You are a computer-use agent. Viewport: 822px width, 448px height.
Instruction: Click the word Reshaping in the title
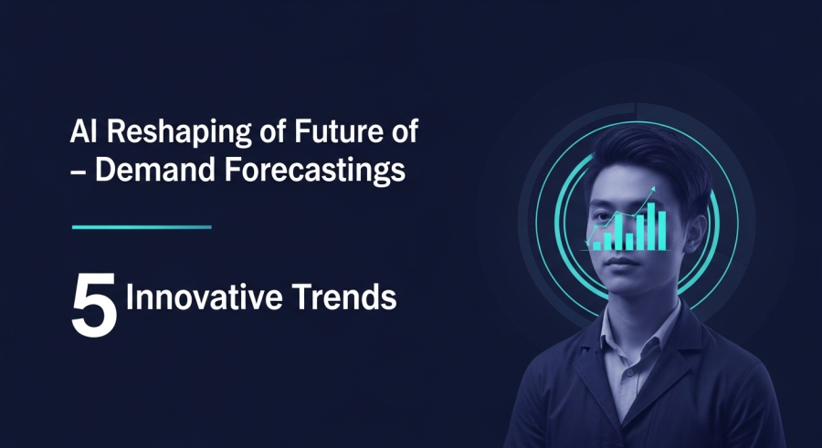[179, 132]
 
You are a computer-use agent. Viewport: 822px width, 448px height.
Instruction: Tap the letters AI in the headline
[85, 131]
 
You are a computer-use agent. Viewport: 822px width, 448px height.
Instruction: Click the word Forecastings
[315, 172]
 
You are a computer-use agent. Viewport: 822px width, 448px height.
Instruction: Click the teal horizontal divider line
[142, 227]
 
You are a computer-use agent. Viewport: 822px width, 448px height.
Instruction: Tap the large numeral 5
[94, 305]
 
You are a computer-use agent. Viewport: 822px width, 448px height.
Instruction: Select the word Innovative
[205, 297]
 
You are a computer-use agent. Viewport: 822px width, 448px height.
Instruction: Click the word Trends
[344, 297]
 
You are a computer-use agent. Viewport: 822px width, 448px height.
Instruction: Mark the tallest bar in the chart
[651, 226]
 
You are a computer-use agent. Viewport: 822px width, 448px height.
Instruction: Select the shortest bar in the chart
[597, 245]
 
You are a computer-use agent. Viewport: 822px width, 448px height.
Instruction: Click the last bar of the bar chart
[661, 231]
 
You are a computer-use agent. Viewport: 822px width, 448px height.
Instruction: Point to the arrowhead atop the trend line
[653, 189]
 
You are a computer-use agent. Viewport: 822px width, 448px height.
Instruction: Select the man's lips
[622, 261]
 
